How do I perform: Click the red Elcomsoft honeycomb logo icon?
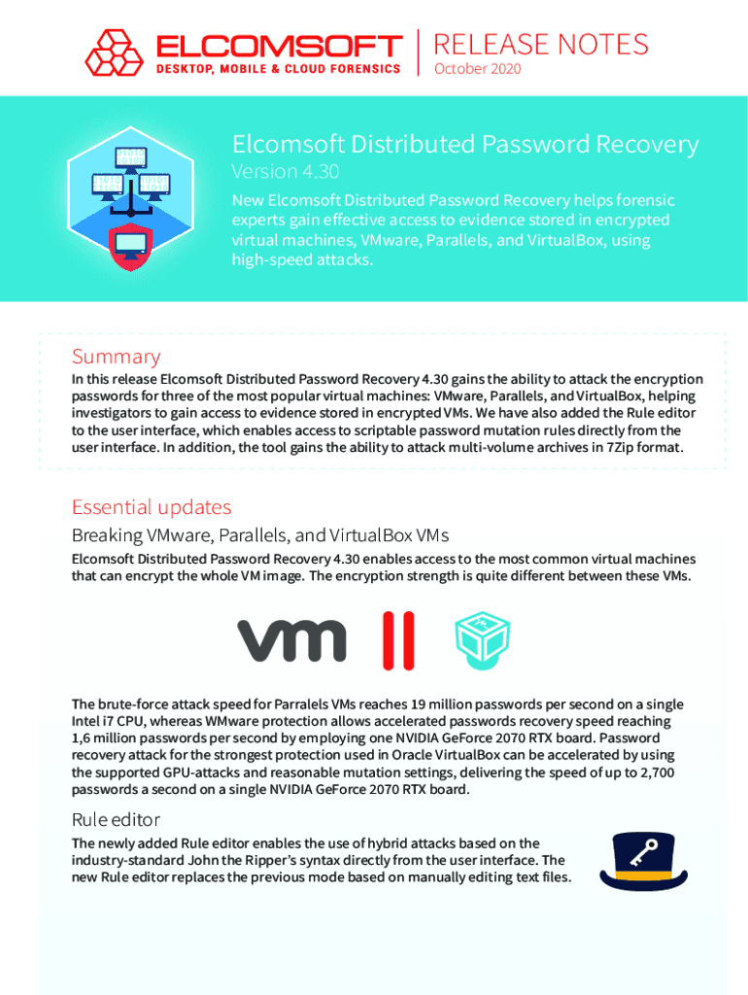[x=115, y=52]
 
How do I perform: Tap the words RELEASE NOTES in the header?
[x=541, y=45]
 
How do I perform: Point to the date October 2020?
[x=477, y=69]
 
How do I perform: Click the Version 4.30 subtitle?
[x=285, y=171]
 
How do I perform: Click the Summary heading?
[x=116, y=357]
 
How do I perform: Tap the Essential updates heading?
[x=152, y=506]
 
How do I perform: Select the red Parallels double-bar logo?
[x=397, y=640]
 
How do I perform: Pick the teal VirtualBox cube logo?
[x=483, y=639]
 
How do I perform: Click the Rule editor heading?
[x=116, y=819]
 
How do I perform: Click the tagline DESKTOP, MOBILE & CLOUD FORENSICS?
[x=278, y=69]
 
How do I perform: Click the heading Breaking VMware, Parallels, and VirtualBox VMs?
[x=259, y=535]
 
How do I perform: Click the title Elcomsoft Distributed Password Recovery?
[x=464, y=145]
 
